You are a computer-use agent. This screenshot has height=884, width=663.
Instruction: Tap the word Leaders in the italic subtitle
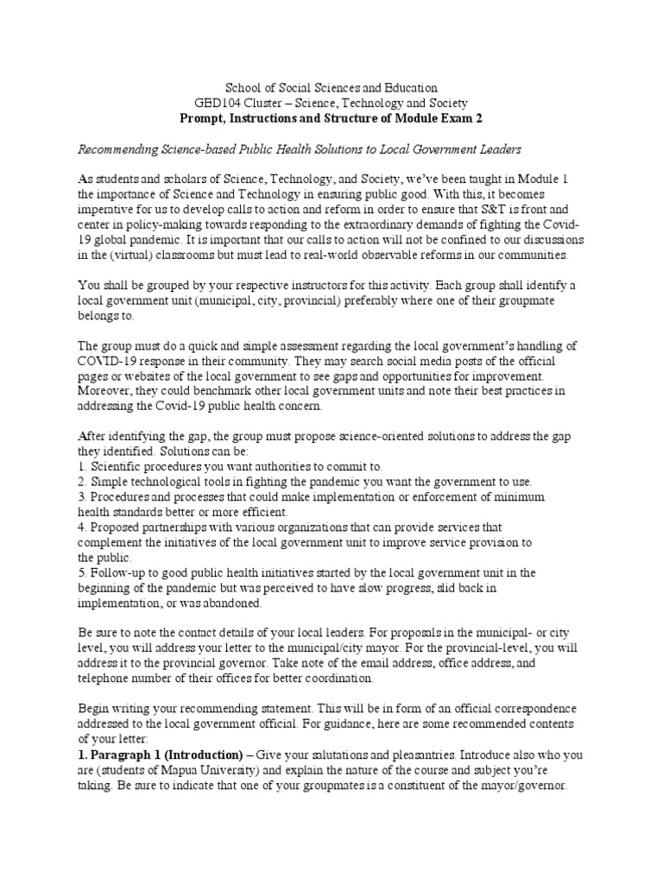coord(498,149)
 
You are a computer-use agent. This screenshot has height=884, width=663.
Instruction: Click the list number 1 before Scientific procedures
coord(81,467)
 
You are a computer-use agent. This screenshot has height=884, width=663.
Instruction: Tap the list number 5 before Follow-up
coord(81,572)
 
